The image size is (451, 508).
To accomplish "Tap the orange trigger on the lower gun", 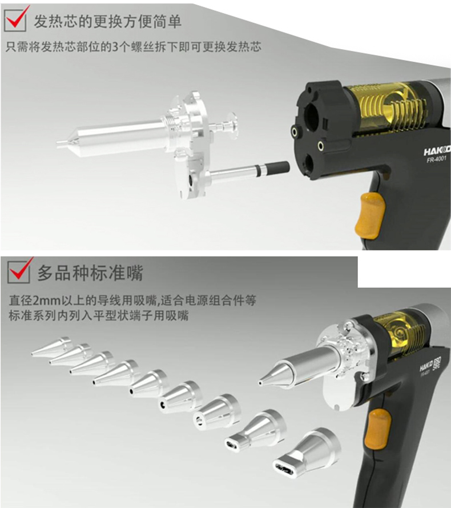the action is coord(377,429).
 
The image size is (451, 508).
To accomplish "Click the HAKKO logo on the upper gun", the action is coord(437,151).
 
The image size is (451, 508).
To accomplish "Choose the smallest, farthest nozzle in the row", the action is coord(52,346).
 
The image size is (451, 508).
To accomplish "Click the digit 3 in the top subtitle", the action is coord(115,47).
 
